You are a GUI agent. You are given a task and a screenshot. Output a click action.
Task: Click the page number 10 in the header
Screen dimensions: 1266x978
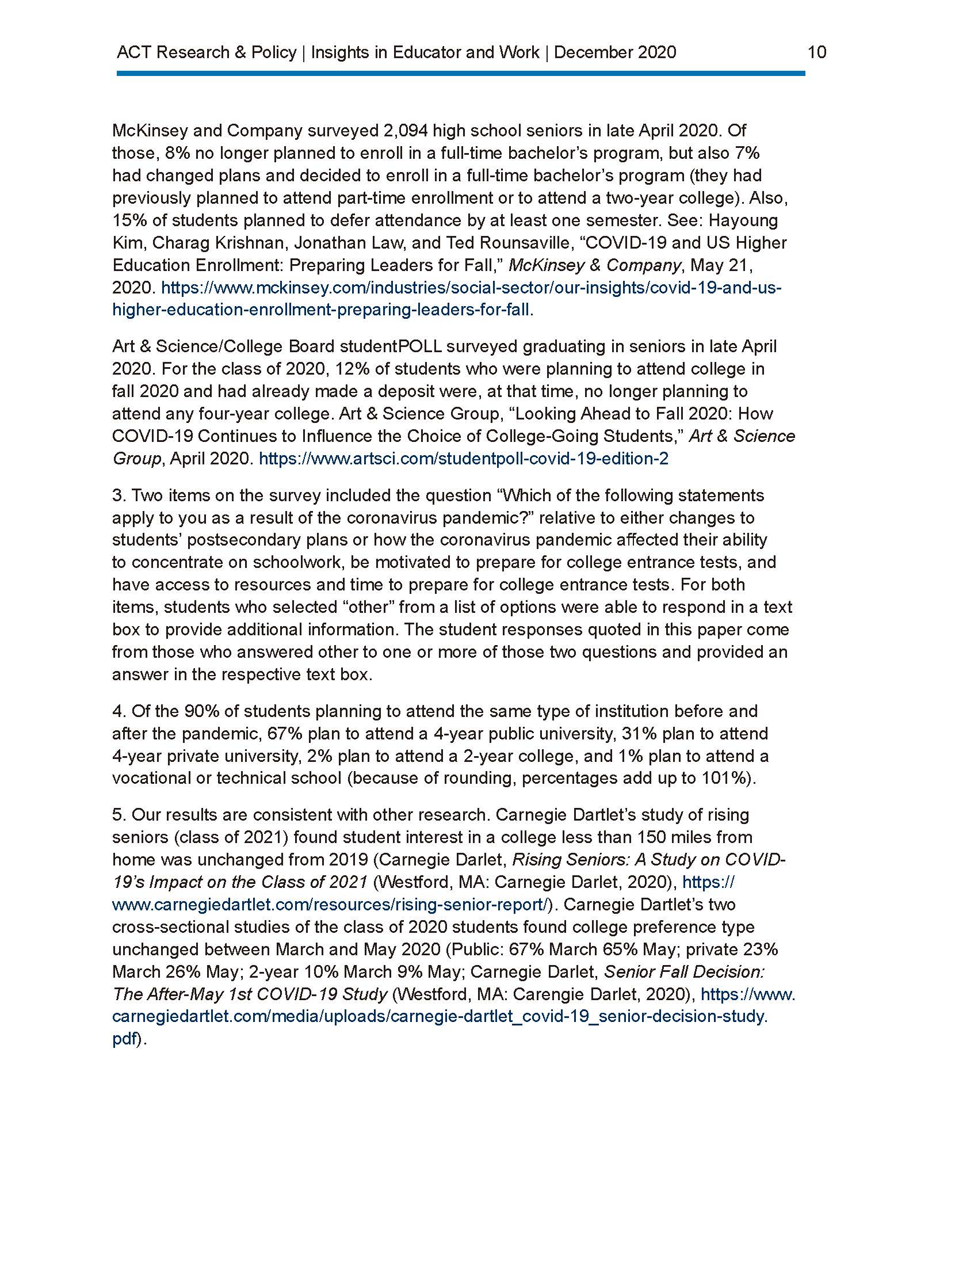[x=816, y=52]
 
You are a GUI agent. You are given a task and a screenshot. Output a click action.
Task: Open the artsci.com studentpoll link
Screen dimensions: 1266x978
[x=463, y=459]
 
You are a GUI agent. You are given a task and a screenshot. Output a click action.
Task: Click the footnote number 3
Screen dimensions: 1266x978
[x=117, y=495]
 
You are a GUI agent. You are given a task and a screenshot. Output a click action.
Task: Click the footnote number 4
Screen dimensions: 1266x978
[x=117, y=711]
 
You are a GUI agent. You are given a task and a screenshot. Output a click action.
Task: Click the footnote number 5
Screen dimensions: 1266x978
[x=117, y=815]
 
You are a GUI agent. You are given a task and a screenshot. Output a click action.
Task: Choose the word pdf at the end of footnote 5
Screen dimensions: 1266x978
[x=124, y=1040]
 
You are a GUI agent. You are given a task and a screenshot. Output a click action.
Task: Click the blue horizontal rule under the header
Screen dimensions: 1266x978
[x=461, y=74]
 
